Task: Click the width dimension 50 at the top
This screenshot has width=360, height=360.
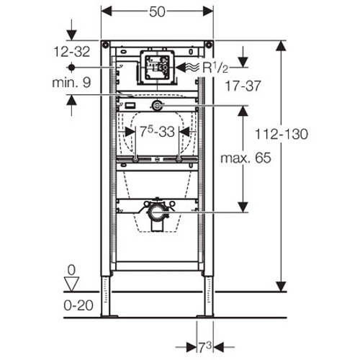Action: pos(157,13)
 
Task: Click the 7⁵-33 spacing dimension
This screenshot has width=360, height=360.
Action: pos(156,132)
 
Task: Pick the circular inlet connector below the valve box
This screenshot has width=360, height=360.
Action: pos(157,105)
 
